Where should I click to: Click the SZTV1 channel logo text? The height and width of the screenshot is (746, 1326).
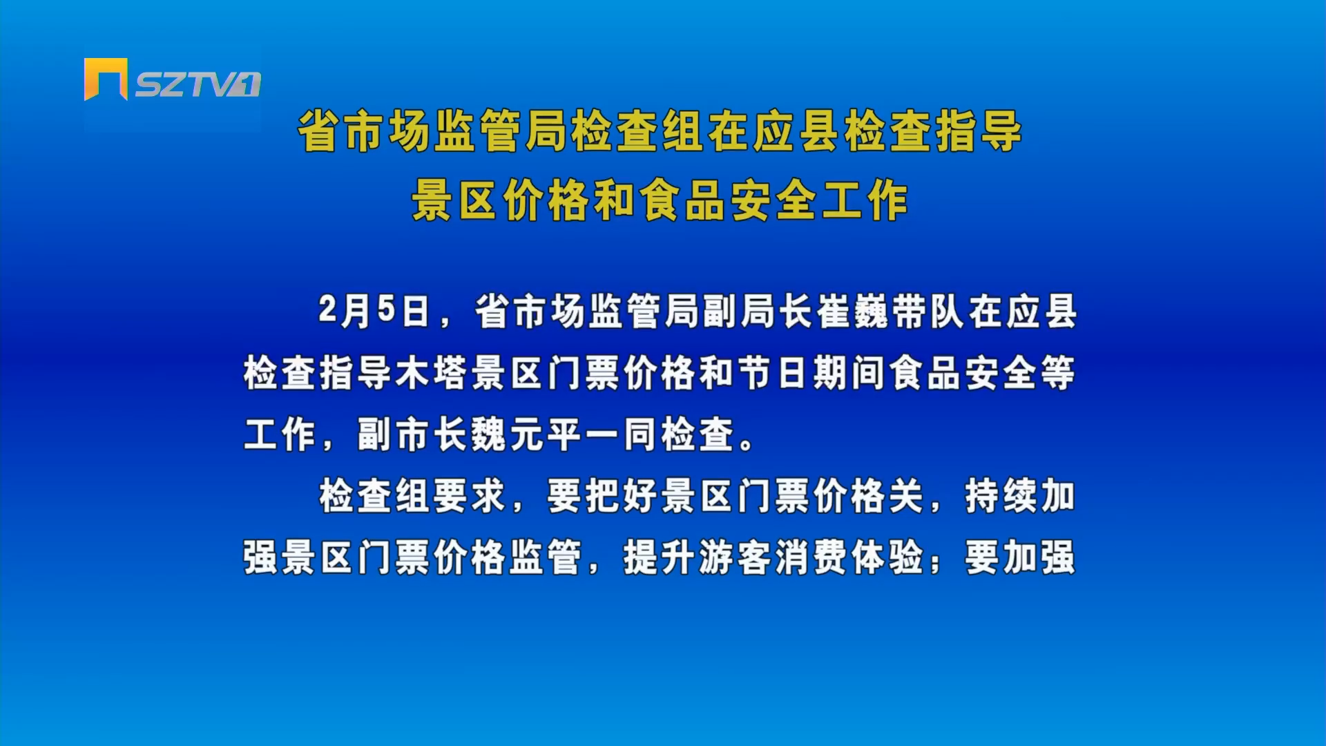pos(198,84)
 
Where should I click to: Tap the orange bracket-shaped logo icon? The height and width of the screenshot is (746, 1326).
pos(106,79)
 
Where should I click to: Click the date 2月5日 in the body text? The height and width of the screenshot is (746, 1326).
pos(374,311)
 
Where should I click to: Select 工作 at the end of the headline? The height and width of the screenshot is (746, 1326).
pos(865,200)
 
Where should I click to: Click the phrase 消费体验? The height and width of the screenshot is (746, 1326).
pos(849,557)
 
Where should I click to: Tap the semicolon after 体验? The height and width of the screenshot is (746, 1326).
pos(935,563)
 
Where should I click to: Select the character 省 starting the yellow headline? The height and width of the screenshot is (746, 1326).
pos(319,131)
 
